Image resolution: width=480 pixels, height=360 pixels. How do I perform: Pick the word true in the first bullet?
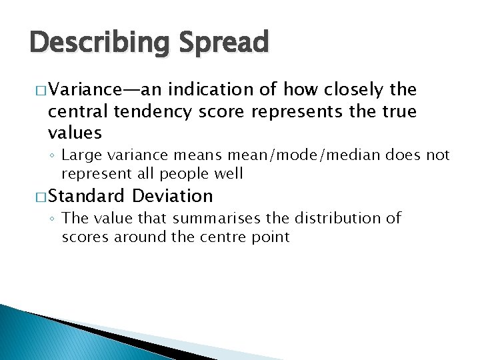tap(398, 111)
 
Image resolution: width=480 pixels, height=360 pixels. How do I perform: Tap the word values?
tap(75, 133)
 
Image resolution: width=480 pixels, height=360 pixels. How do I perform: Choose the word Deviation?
tap(173, 196)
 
